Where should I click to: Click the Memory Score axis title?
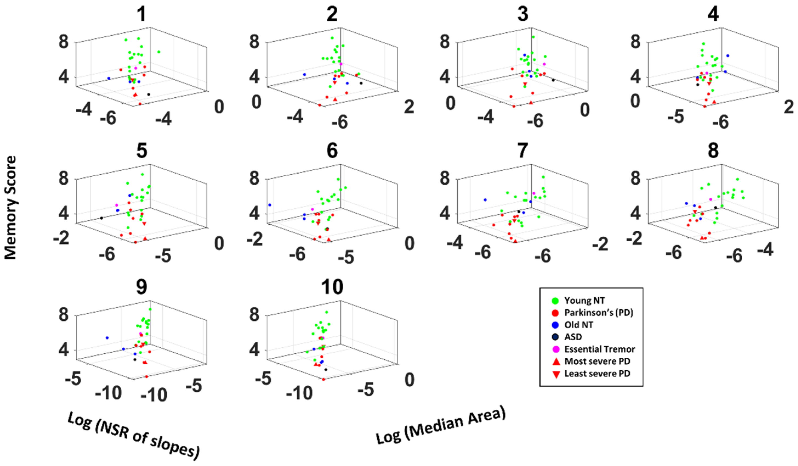[x=10, y=208]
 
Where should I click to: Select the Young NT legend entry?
[x=584, y=301]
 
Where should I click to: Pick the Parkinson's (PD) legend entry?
[x=598, y=313]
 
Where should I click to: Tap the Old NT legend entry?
[x=578, y=325]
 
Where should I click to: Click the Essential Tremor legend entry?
[x=599, y=349]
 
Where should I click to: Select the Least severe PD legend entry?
[x=597, y=374]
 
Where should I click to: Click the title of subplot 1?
[x=142, y=14]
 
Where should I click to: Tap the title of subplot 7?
[x=523, y=151]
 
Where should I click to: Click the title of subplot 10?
[x=332, y=287]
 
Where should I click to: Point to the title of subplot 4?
[x=713, y=14]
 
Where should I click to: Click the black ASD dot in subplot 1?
[x=149, y=94]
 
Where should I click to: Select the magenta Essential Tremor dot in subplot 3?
[x=544, y=64]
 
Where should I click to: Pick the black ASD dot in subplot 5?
[x=101, y=218]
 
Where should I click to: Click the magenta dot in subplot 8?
[x=711, y=199]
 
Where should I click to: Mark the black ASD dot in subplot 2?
[x=361, y=83]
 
